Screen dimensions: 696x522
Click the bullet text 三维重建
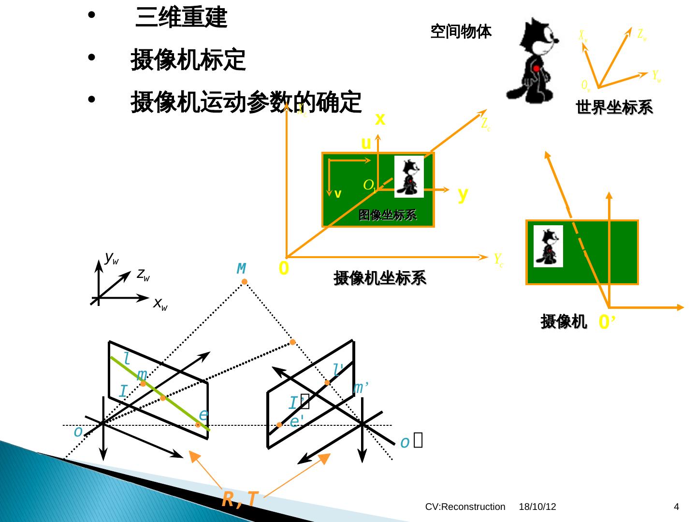click(181, 18)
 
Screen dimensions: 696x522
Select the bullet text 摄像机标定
click(188, 60)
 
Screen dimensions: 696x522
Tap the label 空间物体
click(461, 32)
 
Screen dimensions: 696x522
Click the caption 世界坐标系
click(614, 107)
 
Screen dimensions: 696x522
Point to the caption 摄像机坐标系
click(380, 278)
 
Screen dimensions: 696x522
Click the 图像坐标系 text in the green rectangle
click(387, 215)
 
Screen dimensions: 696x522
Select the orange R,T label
click(240, 499)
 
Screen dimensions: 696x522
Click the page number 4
click(677, 507)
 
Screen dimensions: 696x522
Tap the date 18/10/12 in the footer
click(537, 507)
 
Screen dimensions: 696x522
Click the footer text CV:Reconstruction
click(465, 507)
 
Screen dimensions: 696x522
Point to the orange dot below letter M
click(245, 282)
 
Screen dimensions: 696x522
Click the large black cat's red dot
click(536, 69)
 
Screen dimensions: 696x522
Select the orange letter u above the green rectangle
click(366, 144)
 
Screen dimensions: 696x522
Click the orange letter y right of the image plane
click(463, 194)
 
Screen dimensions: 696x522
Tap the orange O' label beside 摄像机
click(606, 321)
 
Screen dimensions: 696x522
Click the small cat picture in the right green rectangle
click(548, 246)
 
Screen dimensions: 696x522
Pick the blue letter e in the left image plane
click(203, 415)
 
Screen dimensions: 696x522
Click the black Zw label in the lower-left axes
click(143, 275)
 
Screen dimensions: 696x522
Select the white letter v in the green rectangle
click(338, 194)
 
